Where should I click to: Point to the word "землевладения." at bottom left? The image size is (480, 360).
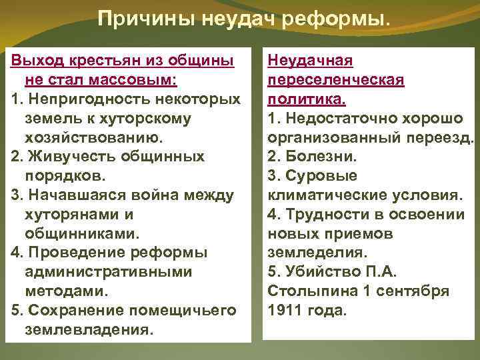88,330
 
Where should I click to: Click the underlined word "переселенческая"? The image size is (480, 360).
335,81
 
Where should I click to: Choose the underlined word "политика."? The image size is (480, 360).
306,100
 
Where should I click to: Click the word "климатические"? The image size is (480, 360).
325,195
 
